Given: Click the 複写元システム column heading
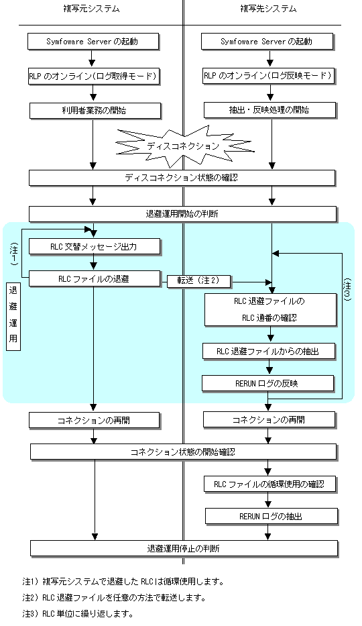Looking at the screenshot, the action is tap(91, 9).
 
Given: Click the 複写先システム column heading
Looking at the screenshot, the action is tap(268, 9).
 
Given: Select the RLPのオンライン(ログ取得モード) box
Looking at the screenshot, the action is tap(94, 76).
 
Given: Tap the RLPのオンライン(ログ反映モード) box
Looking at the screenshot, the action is tap(268, 76).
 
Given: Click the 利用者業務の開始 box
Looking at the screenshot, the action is tap(95, 111).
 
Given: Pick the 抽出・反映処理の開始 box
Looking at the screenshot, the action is tap(270, 110).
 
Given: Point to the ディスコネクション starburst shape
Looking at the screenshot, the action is tap(183, 146).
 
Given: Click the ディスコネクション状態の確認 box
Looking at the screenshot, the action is tap(182, 178).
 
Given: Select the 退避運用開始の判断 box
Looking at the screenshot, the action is tap(182, 214).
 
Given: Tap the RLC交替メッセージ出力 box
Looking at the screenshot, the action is tap(95, 247).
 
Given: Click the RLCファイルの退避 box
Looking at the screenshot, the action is tap(95, 279).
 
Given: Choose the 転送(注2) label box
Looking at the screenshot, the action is tap(198, 281).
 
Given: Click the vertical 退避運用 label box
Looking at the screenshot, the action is tap(13, 316).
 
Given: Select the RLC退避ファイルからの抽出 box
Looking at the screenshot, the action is tap(268, 352).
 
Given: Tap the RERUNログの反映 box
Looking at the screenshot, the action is tap(267, 384).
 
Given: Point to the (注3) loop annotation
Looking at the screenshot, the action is tap(347, 289).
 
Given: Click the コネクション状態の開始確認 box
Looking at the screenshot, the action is tap(184, 452).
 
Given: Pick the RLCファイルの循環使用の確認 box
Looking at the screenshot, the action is tap(270, 484).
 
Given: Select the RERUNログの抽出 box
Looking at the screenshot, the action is tap(271, 516).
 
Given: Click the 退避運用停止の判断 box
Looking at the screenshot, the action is tap(184, 549).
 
